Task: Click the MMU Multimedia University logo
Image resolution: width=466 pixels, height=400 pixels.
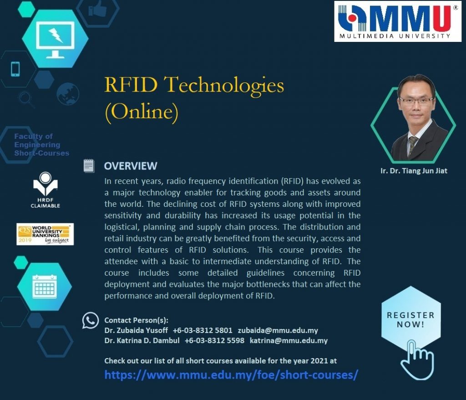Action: (x=398, y=21)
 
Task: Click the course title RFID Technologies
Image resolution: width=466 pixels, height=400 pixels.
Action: (x=194, y=85)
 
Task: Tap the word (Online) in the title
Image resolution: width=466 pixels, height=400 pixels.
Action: (x=142, y=112)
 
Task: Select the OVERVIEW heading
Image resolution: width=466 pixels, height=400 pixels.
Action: (x=131, y=166)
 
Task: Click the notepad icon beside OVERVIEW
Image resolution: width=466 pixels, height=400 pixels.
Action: (x=89, y=166)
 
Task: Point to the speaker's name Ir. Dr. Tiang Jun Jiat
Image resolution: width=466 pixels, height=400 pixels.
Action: (x=414, y=171)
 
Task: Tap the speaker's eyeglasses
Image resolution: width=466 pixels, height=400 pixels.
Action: (x=416, y=101)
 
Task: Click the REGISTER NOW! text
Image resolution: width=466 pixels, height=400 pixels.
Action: (x=410, y=320)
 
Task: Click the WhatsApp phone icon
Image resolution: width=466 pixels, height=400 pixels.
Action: (x=91, y=321)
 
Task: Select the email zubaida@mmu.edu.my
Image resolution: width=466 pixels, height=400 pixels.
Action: (x=278, y=330)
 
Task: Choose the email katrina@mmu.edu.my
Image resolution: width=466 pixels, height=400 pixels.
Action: (x=289, y=340)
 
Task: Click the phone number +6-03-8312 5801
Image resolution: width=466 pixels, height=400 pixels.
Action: (x=203, y=330)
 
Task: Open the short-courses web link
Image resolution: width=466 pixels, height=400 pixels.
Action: (x=231, y=374)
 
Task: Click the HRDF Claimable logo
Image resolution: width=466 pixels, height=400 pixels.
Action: (x=45, y=190)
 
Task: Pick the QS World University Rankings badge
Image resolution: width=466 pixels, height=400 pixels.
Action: (x=45, y=234)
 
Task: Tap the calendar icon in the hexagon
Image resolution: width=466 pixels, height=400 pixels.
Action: (x=45, y=287)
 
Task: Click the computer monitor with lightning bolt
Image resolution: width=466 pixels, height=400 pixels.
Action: (x=55, y=40)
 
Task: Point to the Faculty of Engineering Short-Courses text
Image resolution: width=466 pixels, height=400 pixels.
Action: (x=41, y=144)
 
